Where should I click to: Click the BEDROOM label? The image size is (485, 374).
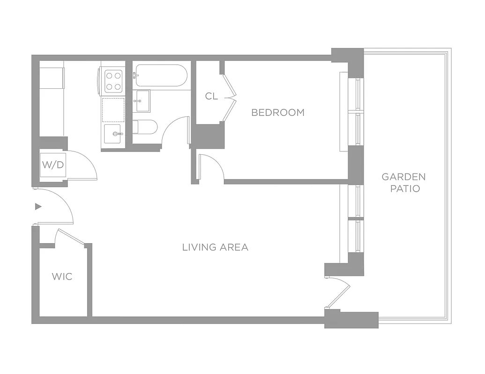(277, 112)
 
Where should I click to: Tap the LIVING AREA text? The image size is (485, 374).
(215, 247)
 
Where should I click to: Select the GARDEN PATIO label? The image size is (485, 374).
(403, 182)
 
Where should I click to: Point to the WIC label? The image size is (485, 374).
(62, 276)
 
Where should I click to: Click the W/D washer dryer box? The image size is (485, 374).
(52, 165)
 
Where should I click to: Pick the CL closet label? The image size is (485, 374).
(211, 96)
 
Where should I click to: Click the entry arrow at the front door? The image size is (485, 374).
(38, 206)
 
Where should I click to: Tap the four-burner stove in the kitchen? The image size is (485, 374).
(113, 80)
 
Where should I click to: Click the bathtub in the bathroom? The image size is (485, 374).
(161, 76)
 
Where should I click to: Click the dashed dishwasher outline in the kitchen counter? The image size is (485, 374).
(113, 109)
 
